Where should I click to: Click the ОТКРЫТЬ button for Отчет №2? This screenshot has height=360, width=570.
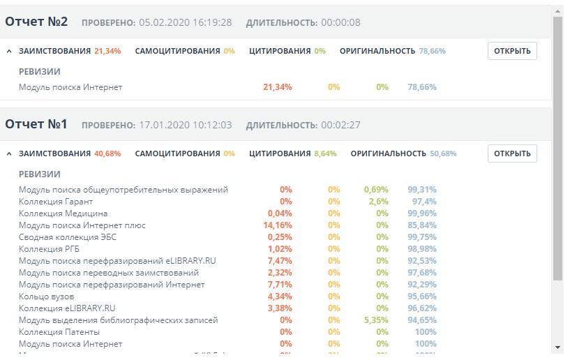pyautogui.click(x=512, y=51)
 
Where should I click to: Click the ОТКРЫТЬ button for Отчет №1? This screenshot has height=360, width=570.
pyautogui.click(x=512, y=153)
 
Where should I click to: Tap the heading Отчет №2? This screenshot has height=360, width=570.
pyautogui.click(x=36, y=22)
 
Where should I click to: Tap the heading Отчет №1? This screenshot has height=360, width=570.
pyautogui.click(x=36, y=124)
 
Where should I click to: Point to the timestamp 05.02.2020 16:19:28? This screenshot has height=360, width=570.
pyautogui.click(x=186, y=23)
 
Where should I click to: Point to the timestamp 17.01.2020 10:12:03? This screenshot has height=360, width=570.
pyautogui.click(x=186, y=126)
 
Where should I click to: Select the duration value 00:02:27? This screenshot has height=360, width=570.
pyautogui.click(x=340, y=126)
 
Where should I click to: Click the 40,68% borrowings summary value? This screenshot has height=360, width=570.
pyautogui.click(x=107, y=153)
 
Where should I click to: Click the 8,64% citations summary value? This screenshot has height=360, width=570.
pyautogui.click(x=325, y=153)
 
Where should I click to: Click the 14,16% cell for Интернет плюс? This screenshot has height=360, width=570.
pyautogui.click(x=278, y=225)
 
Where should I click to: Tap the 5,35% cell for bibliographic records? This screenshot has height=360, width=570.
pyautogui.click(x=376, y=320)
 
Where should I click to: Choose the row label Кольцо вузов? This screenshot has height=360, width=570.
pyautogui.click(x=47, y=297)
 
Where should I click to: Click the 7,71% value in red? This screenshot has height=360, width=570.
pyautogui.click(x=280, y=285)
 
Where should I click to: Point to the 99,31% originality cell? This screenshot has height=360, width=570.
pyautogui.click(x=422, y=190)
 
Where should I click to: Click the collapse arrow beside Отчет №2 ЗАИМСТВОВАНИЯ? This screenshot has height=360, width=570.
pyautogui.click(x=9, y=51)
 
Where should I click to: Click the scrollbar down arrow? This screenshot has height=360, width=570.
pyautogui.click(x=557, y=347)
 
